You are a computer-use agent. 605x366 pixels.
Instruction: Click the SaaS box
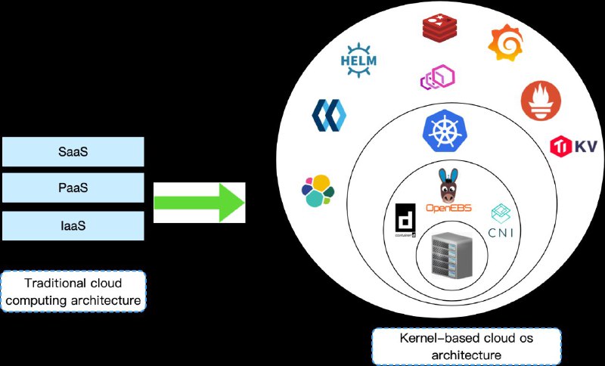73,151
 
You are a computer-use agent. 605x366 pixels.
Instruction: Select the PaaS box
73,188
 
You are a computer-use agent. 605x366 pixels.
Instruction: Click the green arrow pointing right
199,203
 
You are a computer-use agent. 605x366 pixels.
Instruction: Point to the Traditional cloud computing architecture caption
73,292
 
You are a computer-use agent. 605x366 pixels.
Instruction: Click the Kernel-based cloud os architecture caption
466,346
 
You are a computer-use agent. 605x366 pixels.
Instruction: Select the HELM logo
358,60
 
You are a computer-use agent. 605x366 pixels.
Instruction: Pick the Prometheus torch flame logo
540,101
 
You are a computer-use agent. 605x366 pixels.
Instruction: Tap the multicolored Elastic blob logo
317,191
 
